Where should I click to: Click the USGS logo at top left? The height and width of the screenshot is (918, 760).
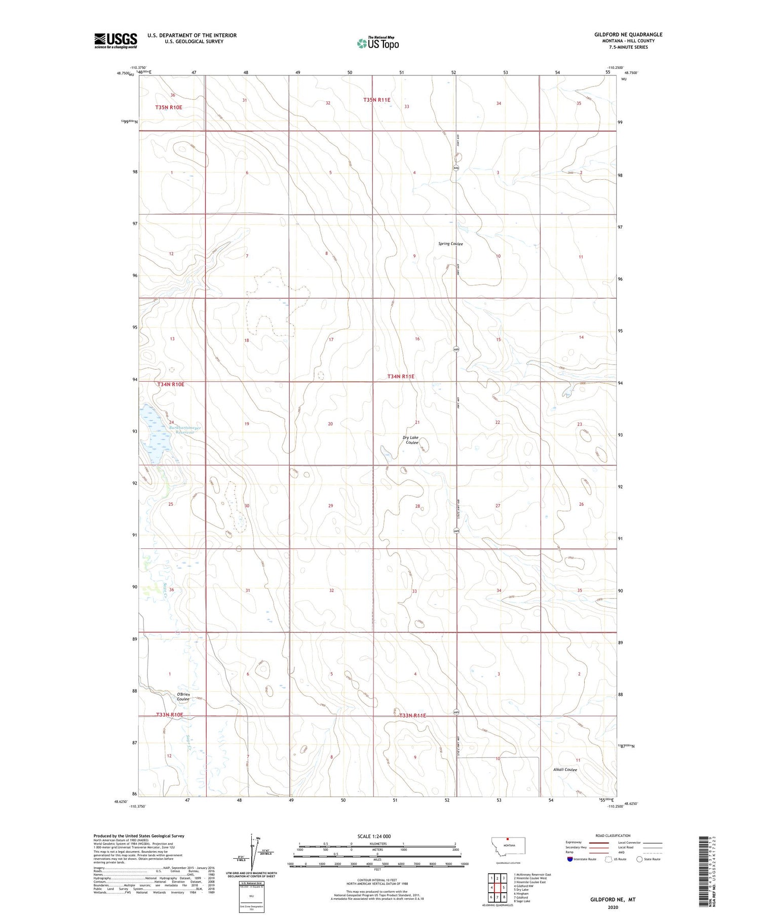(116, 41)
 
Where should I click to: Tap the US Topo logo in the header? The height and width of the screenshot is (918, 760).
(377, 44)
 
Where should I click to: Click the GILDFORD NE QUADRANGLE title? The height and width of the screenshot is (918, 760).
(628, 35)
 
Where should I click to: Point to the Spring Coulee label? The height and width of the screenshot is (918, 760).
(450, 244)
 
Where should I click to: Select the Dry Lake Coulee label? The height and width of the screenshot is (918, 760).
(411, 440)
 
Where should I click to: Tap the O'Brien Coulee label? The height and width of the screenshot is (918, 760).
(183, 697)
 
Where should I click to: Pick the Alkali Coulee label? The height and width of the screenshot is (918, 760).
(565, 770)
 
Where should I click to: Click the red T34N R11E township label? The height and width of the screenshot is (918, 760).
(401, 376)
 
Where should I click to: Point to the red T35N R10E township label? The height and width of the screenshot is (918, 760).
(169, 107)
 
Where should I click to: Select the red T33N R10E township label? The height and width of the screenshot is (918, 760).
(169, 714)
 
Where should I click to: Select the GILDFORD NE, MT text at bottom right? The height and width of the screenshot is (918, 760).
(613, 900)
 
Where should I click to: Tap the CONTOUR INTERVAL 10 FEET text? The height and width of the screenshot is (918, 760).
(377, 880)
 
